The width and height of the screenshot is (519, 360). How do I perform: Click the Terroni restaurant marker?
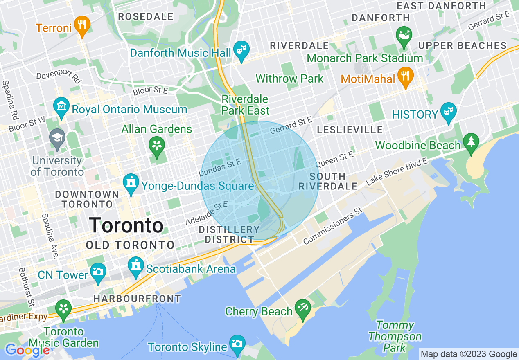pyautogui.click(x=82, y=24)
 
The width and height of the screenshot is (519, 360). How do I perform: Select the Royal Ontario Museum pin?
pyautogui.click(x=61, y=106)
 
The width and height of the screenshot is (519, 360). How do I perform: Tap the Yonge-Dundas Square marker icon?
pyautogui.click(x=131, y=182)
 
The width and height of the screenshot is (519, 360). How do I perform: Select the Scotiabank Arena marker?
pyautogui.click(x=135, y=265)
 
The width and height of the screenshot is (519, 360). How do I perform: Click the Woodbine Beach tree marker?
pyautogui.click(x=471, y=142)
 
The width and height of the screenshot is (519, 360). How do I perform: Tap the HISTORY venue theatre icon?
pyautogui.click(x=449, y=111)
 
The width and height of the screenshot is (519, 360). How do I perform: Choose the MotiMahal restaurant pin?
pyautogui.click(x=405, y=75)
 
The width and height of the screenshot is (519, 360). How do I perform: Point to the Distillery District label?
pyautogui.click(x=229, y=234)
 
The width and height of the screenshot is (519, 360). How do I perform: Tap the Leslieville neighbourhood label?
pyautogui.click(x=350, y=130)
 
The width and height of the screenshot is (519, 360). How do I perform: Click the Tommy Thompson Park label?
pyautogui.click(x=395, y=337)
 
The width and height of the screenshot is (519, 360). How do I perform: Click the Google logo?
pyautogui.click(x=27, y=350)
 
